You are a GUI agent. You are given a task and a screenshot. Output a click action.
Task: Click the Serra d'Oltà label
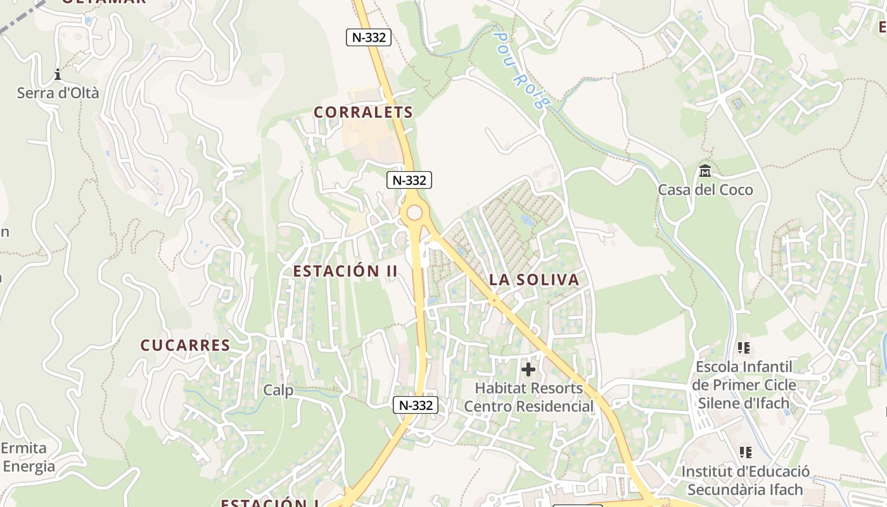coord(58,93)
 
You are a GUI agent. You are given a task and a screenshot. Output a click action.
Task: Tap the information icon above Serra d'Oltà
coord(58,75)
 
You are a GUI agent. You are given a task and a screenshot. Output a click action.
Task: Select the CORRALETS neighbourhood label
coord(363,112)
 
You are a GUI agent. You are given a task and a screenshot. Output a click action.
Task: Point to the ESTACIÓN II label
coord(345,271)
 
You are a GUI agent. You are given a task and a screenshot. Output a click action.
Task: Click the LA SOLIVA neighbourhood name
coord(534,279)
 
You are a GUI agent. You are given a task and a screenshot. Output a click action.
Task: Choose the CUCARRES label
coord(185,345)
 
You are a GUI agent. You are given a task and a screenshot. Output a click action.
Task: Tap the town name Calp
coord(278,390)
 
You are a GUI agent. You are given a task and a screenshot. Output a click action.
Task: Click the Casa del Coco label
coord(705,189)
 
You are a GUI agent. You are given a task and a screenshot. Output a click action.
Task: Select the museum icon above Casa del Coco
coord(705,171)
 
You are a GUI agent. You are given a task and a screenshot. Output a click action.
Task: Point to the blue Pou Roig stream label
coord(520,70)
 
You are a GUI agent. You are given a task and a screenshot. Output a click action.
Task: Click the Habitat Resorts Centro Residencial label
coord(529,397)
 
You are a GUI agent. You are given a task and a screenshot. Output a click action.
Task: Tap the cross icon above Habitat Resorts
coord(528,369)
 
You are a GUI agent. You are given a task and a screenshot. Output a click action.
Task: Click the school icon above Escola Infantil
coord(744,348)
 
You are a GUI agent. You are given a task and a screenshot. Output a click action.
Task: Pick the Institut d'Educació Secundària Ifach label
coord(745,480)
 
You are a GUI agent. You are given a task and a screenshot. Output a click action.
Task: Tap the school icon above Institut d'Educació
coord(745,452)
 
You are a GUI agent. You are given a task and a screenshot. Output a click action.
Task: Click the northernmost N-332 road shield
coord(369,37)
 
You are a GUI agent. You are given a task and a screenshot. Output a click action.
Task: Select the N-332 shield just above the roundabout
coord(409,180)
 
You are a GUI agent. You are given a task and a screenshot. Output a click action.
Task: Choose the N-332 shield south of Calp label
coord(416,405)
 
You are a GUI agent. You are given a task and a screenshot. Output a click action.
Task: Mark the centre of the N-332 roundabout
coord(414,213)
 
